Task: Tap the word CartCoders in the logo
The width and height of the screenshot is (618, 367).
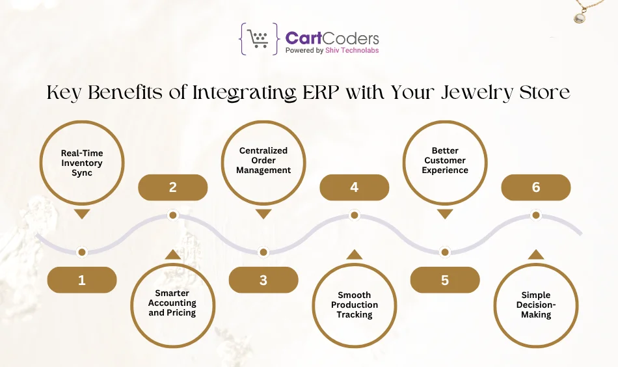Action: click(x=332, y=38)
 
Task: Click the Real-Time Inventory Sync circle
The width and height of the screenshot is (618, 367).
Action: click(x=82, y=163)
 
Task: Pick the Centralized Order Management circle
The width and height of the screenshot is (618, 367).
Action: click(x=263, y=161)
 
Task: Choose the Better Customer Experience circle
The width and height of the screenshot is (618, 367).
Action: click(x=445, y=161)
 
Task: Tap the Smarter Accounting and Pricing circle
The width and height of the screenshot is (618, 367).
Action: click(x=172, y=303)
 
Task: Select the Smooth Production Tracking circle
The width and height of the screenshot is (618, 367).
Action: click(x=355, y=305)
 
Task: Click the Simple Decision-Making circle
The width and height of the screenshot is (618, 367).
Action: click(x=536, y=305)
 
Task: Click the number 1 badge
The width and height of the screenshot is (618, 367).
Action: click(x=82, y=280)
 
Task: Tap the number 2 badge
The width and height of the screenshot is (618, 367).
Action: click(x=173, y=187)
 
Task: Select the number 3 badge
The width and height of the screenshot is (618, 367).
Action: click(x=263, y=280)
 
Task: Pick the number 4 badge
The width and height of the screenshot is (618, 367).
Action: click(x=355, y=187)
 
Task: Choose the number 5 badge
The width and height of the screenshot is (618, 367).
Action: click(x=445, y=280)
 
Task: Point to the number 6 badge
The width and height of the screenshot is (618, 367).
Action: click(x=536, y=187)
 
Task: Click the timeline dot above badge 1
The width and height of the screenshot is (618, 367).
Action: click(x=82, y=252)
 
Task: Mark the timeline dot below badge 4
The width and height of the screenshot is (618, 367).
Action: click(x=355, y=215)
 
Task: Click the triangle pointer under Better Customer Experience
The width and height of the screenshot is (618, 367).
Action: click(x=445, y=214)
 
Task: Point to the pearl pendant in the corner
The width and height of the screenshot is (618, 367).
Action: click(x=579, y=18)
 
